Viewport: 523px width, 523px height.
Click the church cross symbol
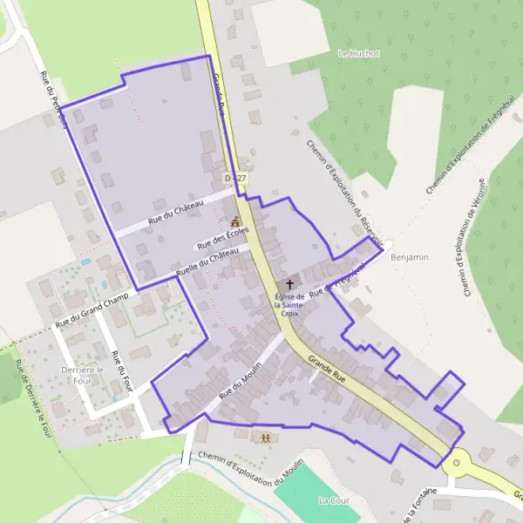tap(289, 285)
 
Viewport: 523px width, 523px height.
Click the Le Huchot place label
tap(358, 53)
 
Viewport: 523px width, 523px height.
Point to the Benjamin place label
tap(411, 257)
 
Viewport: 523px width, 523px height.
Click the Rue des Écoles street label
tap(224, 237)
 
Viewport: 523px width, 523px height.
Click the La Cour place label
tap(334, 500)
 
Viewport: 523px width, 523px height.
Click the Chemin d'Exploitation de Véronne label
tap(486, 245)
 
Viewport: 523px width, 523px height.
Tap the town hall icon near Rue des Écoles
tap(234, 222)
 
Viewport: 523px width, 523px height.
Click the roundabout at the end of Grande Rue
tap(456, 462)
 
